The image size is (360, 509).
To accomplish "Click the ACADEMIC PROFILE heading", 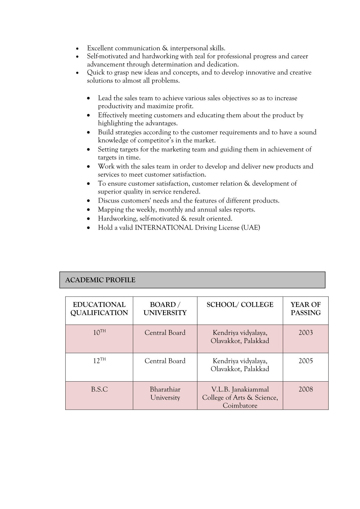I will [x=100, y=280].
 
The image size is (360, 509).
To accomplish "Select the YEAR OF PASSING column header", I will [x=305, y=309].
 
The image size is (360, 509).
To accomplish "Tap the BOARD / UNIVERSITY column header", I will [x=165, y=309].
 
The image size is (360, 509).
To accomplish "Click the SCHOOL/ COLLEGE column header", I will [x=240, y=305].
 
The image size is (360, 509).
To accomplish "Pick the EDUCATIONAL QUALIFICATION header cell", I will [x=99, y=309].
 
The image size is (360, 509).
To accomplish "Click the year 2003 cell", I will [x=305, y=333].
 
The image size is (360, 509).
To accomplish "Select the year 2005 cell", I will [x=305, y=361].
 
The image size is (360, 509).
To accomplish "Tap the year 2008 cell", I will [x=305, y=389].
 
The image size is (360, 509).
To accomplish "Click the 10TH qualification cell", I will [x=99, y=333].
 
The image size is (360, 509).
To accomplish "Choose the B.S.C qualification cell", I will [x=99, y=389].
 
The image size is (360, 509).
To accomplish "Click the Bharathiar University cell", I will [x=165, y=394].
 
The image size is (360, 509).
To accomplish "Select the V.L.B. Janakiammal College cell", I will [x=240, y=397].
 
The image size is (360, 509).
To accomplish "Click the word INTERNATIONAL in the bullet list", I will [x=164, y=228].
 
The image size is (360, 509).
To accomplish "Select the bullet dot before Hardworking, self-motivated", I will [x=89, y=219].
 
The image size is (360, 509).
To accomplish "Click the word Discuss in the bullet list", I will [x=108, y=201].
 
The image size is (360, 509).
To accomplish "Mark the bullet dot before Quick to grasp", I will [x=77, y=73].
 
